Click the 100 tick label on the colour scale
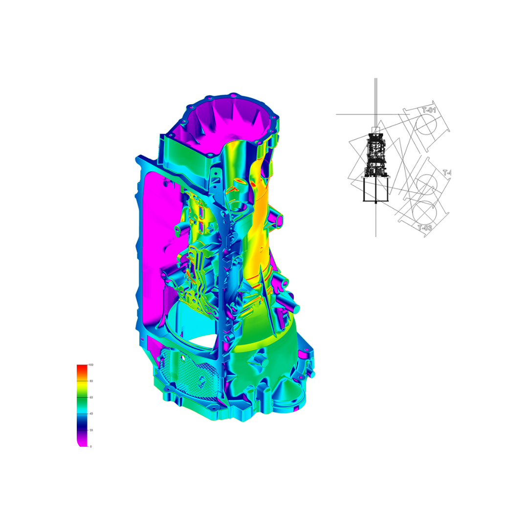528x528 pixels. click(90, 365)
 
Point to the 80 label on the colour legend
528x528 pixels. click(90, 381)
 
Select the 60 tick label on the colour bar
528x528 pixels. click(90, 397)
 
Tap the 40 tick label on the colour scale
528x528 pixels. click(90, 414)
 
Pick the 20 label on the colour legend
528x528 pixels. click(90, 430)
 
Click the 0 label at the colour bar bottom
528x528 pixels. click(90, 446)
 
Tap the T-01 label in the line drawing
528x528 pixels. click(429, 110)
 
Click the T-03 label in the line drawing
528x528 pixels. click(425, 227)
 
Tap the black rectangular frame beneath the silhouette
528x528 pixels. click(375, 189)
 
